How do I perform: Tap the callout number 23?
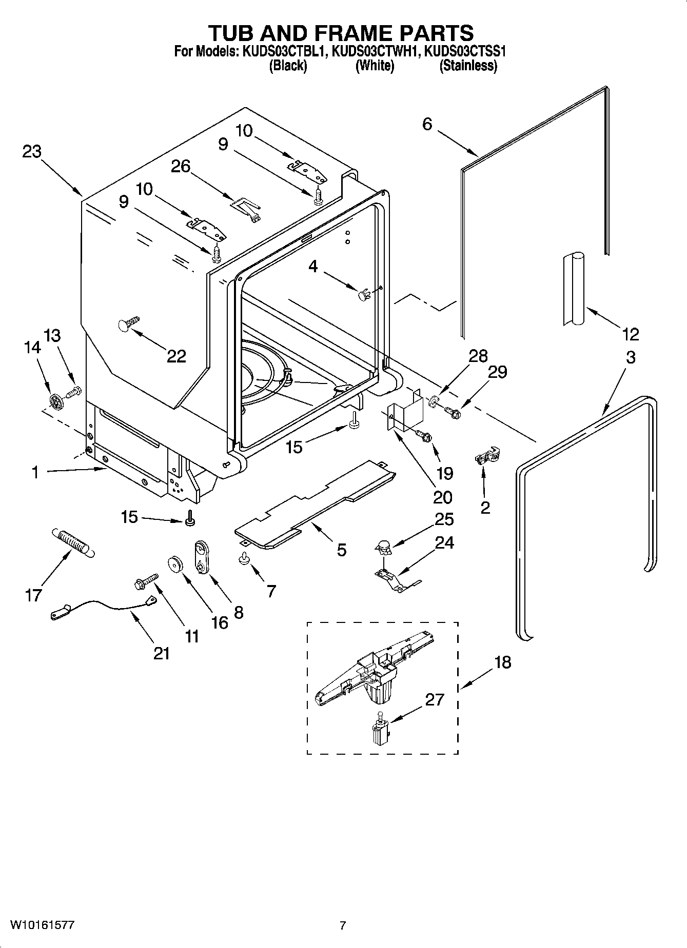tap(32, 152)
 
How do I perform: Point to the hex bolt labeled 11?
tap(145, 581)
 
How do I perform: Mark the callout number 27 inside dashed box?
tap(434, 699)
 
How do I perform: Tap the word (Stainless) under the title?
tap(468, 66)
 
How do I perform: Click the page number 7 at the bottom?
tap(343, 925)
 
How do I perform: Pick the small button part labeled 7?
tap(244, 559)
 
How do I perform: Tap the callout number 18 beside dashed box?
tap(503, 662)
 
